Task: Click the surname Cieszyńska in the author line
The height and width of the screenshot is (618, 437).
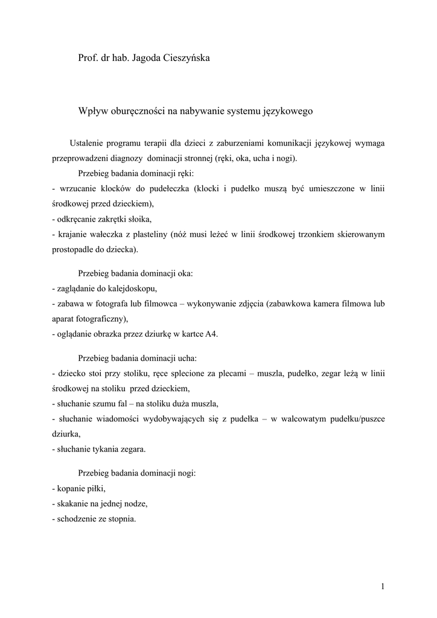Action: pos(185,58)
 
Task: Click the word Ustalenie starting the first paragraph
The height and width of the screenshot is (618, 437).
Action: pos(86,144)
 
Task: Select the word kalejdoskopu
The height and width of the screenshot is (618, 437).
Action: pos(132,288)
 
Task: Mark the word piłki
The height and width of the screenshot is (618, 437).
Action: pos(103,489)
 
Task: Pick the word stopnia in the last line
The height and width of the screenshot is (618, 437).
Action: pos(122,519)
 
